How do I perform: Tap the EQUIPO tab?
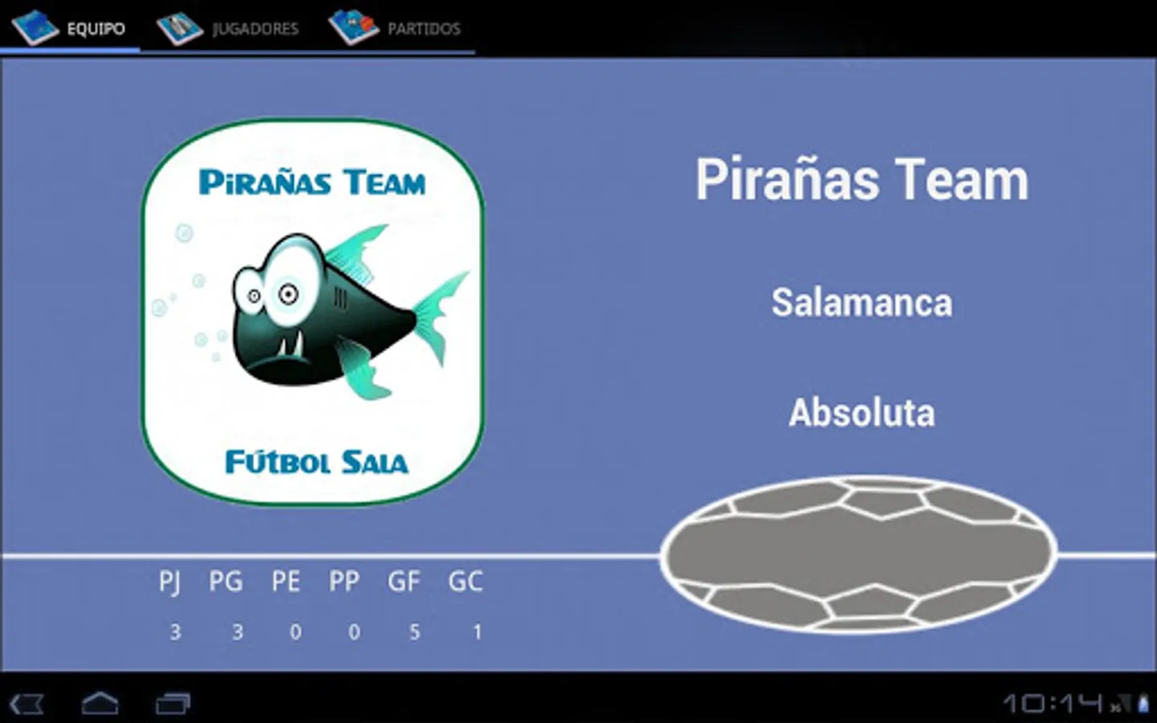(70, 27)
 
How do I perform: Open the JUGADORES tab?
(229, 27)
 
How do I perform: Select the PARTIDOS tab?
(395, 27)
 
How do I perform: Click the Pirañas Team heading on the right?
(862, 180)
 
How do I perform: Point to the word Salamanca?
(862, 303)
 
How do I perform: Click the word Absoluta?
(862, 413)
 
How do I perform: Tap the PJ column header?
(170, 582)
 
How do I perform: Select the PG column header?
(226, 582)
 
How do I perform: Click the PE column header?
(286, 582)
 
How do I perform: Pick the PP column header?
(344, 582)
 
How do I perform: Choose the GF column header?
(404, 582)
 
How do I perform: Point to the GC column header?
(465, 582)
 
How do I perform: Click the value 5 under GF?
(415, 632)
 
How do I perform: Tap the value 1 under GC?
(478, 632)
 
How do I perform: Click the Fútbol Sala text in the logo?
(317, 462)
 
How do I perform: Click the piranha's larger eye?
(288, 293)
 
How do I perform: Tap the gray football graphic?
(858, 555)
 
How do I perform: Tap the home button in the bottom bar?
(100, 704)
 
